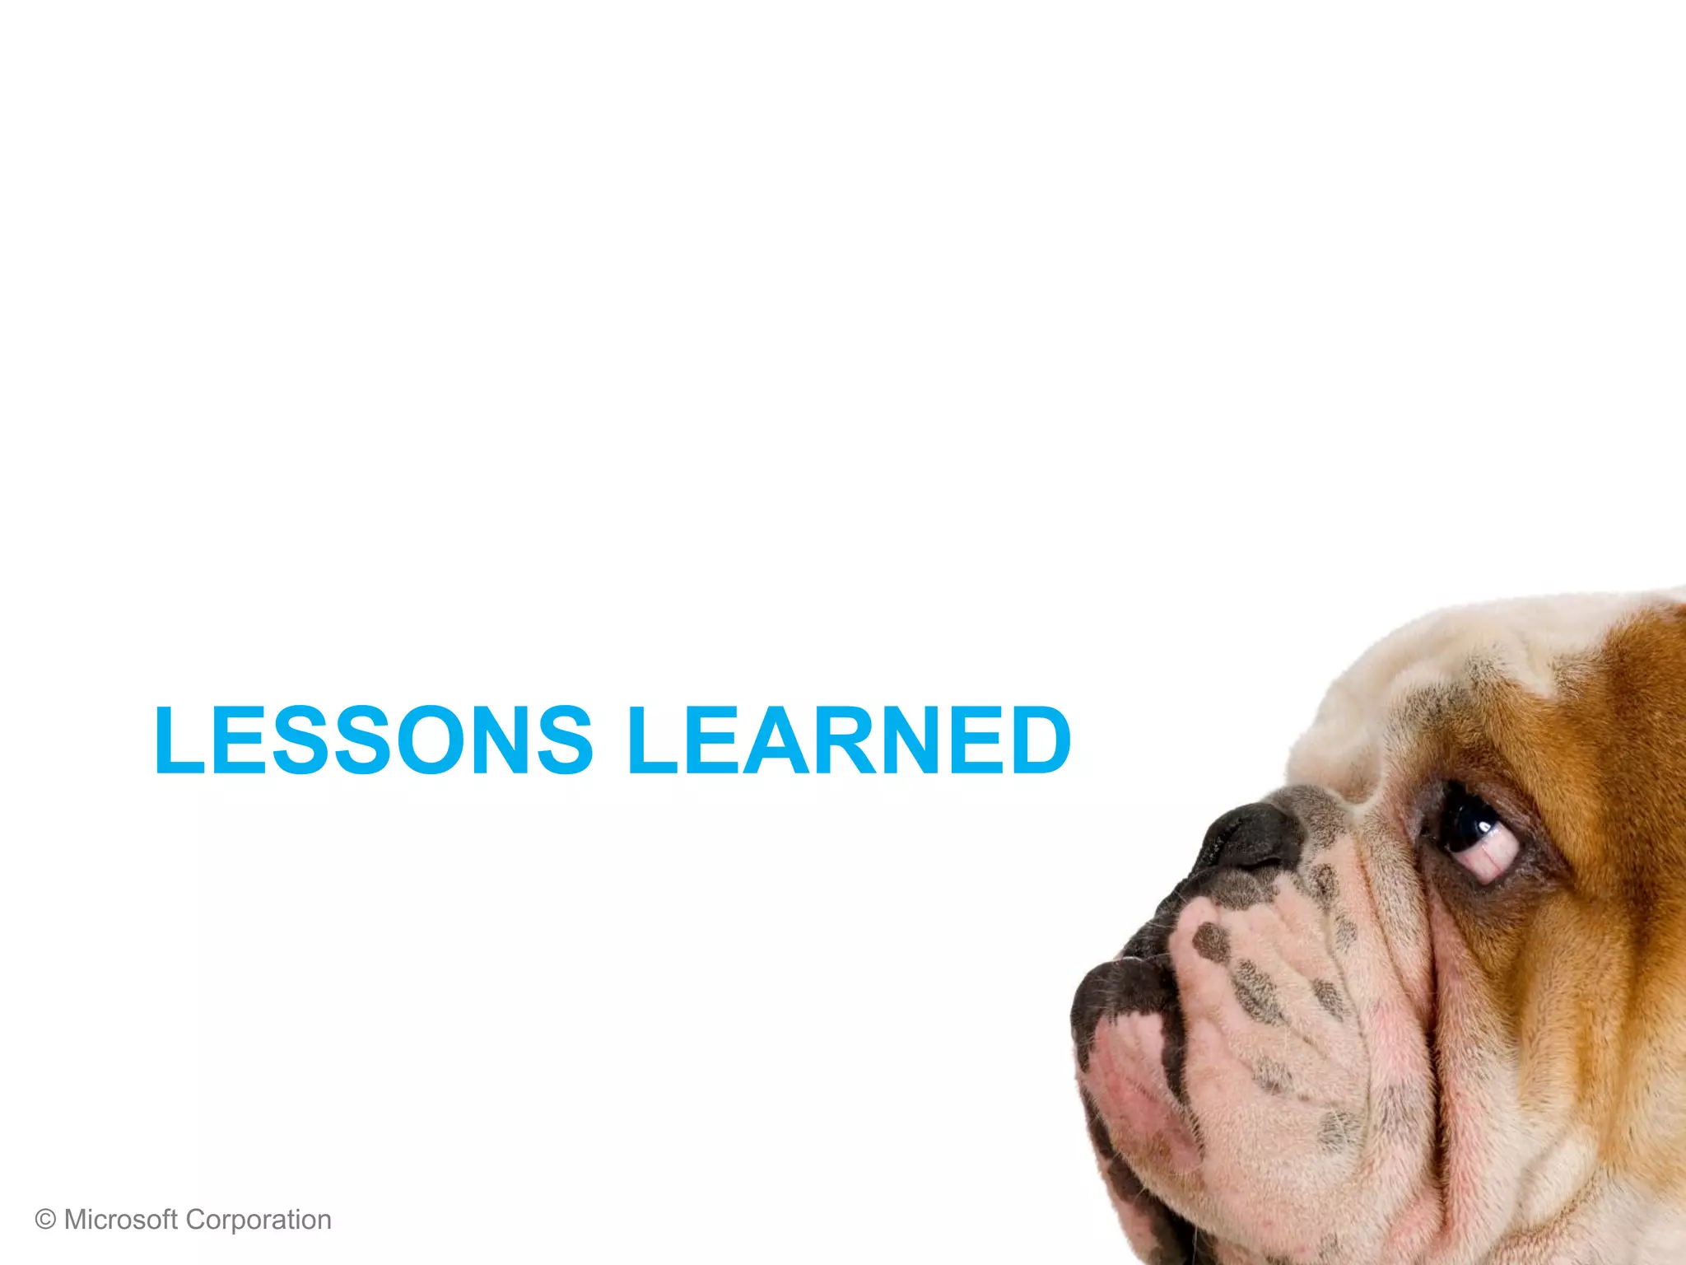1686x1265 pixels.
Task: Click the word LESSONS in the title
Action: pyautogui.click(x=373, y=740)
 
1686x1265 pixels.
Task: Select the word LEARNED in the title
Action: pyautogui.click(x=849, y=740)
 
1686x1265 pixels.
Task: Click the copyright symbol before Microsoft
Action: pyautogui.click(x=45, y=1220)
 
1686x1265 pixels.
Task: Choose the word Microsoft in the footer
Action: pyautogui.click(x=120, y=1219)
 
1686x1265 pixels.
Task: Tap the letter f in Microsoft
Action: pyautogui.click(x=164, y=1219)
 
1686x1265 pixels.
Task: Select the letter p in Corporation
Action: pyautogui.click(x=245, y=1222)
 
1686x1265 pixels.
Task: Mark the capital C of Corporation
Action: pyautogui.click(x=194, y=1219)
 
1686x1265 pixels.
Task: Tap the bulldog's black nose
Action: pyautogui.click(x=1251, y=836)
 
